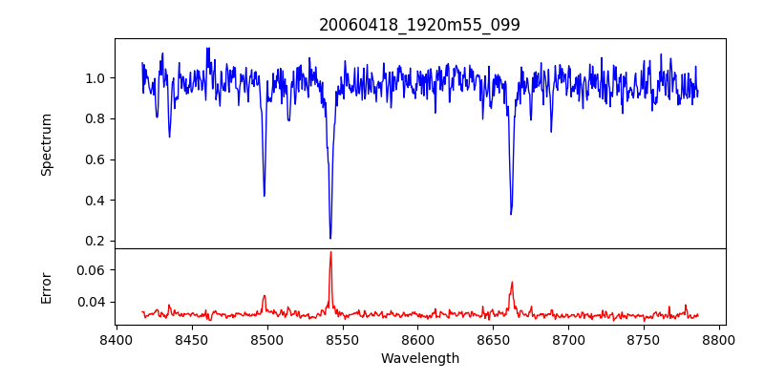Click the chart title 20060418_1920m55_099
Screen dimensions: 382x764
point(419,25)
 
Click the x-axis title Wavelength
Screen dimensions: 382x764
point(419,359)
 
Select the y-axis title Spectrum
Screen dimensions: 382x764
point(46,144)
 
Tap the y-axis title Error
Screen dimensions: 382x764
point(46,287)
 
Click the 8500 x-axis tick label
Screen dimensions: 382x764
point(267,339)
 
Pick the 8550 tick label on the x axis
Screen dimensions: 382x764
point(343,339)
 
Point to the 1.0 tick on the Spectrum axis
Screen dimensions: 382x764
point(95,78)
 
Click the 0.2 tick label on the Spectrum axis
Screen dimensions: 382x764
point(95,241)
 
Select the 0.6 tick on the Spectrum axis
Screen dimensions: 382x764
point(95,159)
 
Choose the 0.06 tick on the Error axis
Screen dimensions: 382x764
point(92,271)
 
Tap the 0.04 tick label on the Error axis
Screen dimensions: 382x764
point(92,303)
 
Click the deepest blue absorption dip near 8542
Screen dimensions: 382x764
point(330,238)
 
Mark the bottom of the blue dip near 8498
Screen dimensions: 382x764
point(265,196)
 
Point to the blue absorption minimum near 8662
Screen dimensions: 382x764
point(511,214)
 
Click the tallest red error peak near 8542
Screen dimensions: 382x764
point(330,252)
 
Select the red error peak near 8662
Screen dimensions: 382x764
point(512,282)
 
